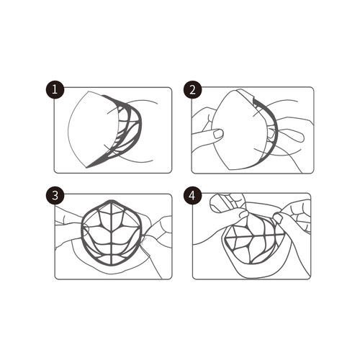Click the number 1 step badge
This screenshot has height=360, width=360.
[55, 90]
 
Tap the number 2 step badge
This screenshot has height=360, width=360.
[193, 90]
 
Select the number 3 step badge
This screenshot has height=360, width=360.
[55, 196]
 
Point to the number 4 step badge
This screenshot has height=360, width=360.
[193, 196]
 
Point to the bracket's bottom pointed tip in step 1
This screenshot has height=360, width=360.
[87, 166]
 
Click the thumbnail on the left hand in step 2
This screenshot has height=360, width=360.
[218, 134]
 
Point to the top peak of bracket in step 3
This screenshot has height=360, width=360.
[111, 201]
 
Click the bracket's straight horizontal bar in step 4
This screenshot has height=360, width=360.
[254, 235]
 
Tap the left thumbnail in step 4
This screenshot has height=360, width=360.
[244, 214]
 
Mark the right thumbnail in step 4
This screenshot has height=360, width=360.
[277, 218]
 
